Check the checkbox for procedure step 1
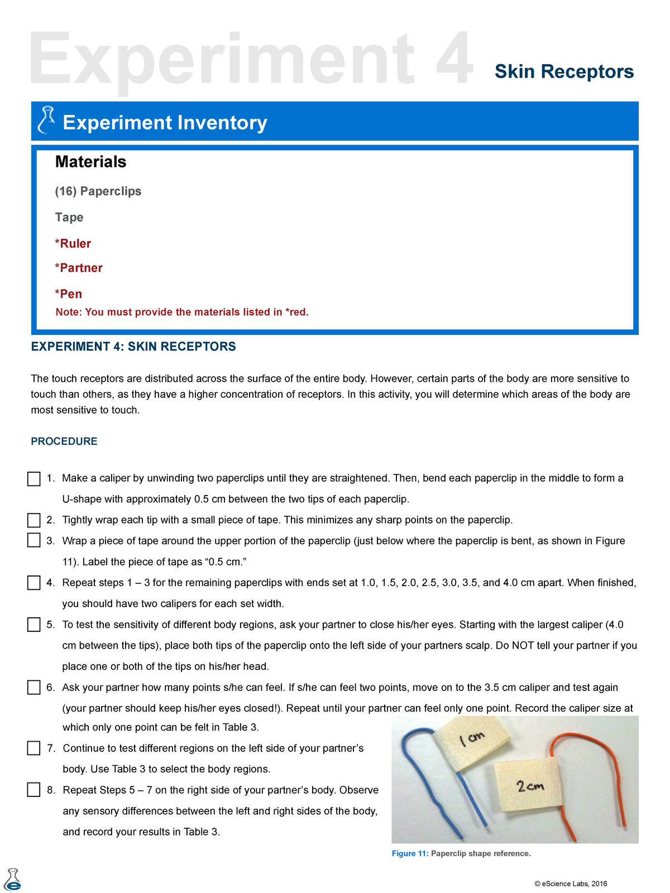[x=34, y=479]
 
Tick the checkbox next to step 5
[x=34, y=625]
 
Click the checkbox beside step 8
[x=34, y=790]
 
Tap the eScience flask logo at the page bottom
[x=12, y=880]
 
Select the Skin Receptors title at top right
[x=564, y=71]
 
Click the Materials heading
[x=90, y=162]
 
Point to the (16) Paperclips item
[x=98, y=191]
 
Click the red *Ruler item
[x=73, y=243]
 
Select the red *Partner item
[x=79, y=268]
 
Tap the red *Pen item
[x=69, y=294]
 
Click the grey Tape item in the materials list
[x=69, y=217]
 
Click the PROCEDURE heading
[x=64, y=441]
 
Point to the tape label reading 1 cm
[x=473, y=741]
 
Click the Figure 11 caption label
[x=410, y=853]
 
